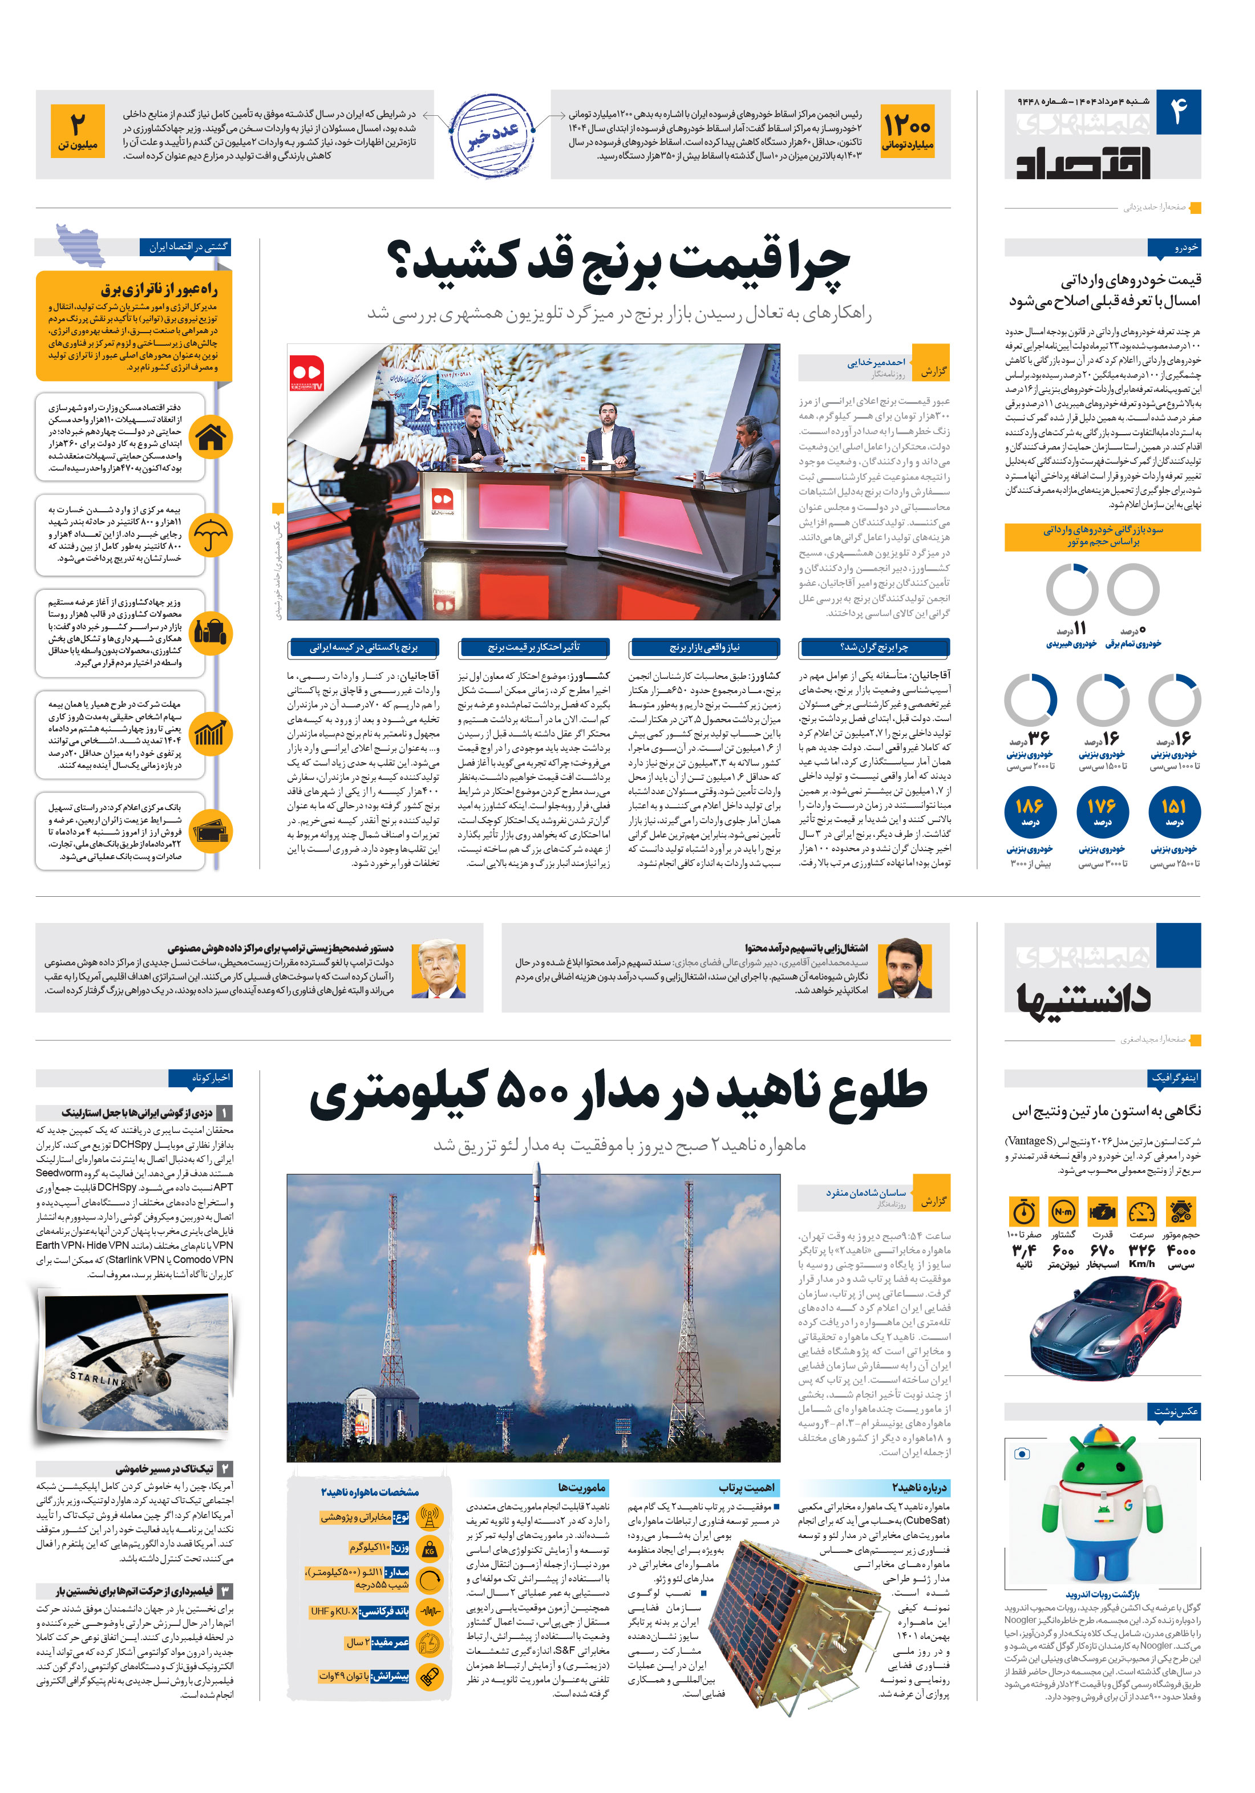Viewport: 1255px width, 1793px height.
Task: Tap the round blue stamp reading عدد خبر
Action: tap(493, 135)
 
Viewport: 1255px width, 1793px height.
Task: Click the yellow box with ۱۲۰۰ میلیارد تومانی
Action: tap(906, 131)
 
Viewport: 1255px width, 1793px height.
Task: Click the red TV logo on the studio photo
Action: tap(307, 373)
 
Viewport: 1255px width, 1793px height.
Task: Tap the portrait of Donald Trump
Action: tap(438, 968)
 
